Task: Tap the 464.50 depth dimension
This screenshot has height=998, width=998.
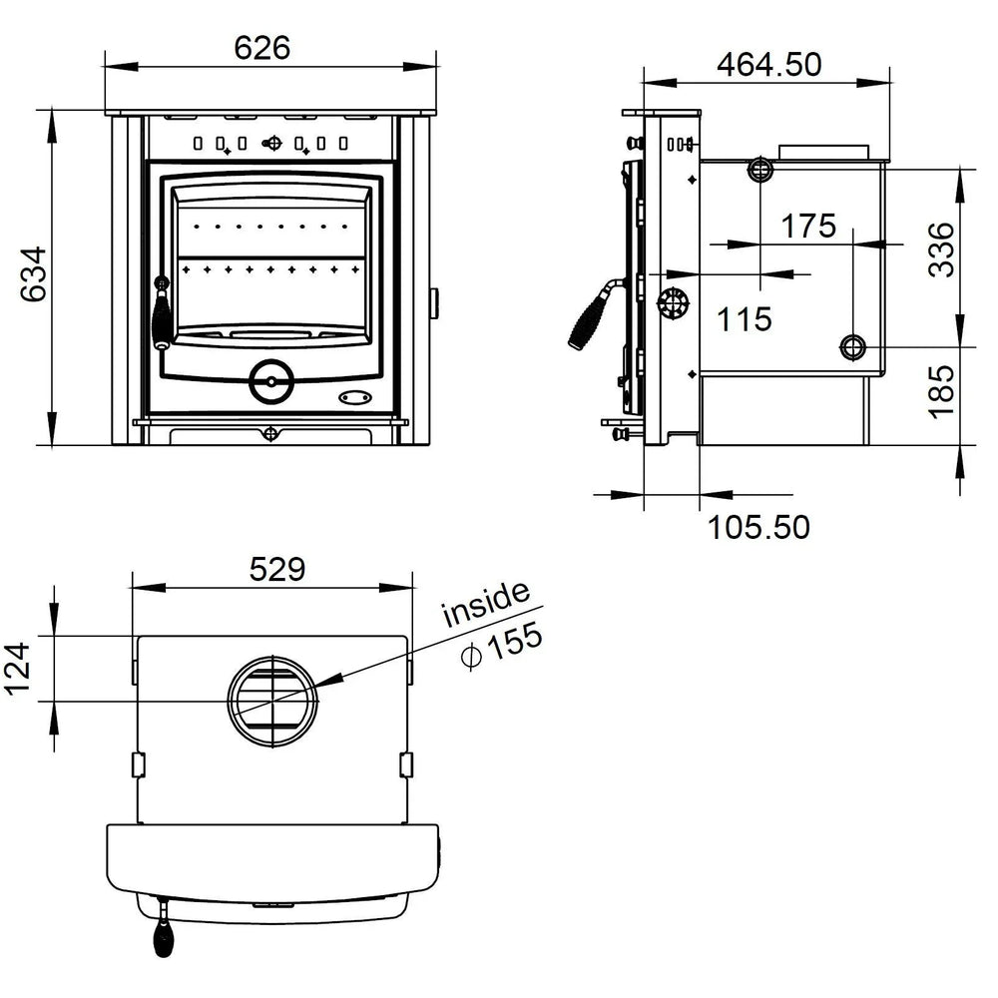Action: (x=769, y=63)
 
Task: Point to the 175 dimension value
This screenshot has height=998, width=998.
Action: (x=807, y=226)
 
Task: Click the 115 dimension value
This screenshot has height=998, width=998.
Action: (x=746, y=319)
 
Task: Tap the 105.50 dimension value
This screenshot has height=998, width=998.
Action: (x=758, y=526)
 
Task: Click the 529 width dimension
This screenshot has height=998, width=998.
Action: (x=276, y=569)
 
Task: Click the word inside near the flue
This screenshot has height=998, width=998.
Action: (x=485, y=603)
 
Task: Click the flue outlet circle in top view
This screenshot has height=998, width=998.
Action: (x=272, y=699)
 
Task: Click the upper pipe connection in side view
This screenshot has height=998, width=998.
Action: (x=759, y=169)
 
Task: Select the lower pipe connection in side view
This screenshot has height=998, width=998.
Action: (x=853, y=347)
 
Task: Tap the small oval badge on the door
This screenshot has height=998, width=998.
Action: (x=353, y=397)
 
